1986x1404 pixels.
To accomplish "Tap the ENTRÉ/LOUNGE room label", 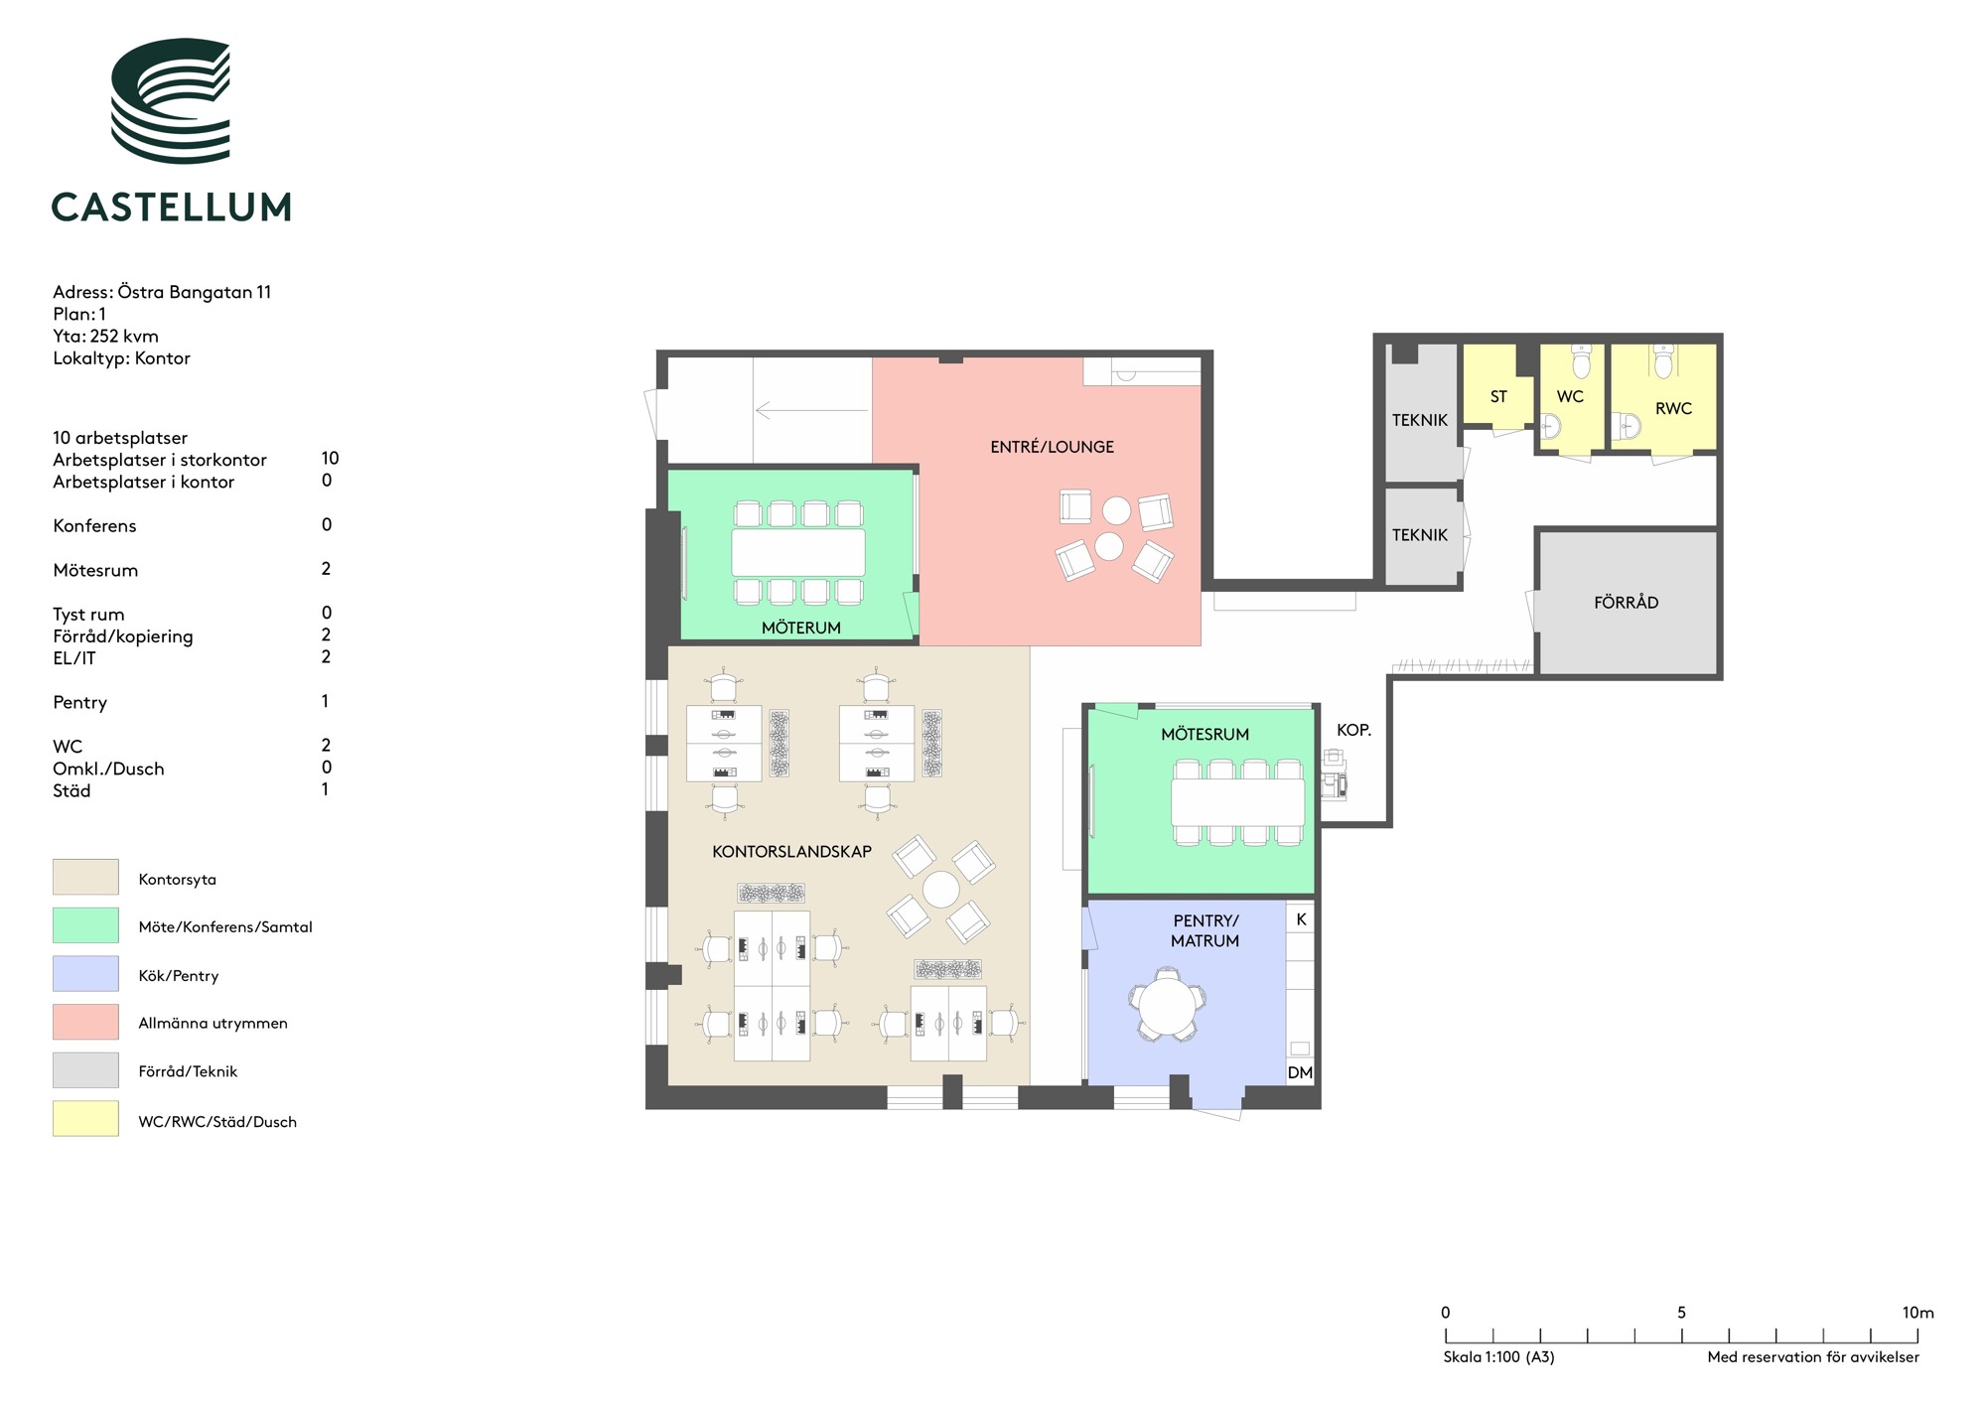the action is click(x=1052, y=447).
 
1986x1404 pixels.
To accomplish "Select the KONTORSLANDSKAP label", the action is click(x=791, y=852).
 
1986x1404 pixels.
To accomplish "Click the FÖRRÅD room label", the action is click(x=1626, y=602).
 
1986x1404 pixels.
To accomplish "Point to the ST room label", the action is click(x=1498, y=397).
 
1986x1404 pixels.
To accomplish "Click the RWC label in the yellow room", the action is click(x=1673, y=408).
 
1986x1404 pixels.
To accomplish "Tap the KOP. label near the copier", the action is click(x=1353, y=730).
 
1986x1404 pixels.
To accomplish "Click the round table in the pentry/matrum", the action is click(x=1168, y=1005).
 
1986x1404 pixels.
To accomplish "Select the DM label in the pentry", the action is click(x=1300, y=1072).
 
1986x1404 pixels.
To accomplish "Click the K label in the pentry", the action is click(x=1301, y=919).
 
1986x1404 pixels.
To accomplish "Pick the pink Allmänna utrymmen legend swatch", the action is click(x=85, y=1022).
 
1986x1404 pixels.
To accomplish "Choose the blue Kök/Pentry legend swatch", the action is click(x=85, y=973).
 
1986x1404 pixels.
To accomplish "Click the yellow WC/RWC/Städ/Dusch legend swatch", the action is click(x=85, y=1118).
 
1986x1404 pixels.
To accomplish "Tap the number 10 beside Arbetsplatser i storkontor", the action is click(x=330, y=458).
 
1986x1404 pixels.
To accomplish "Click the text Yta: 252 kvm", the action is click(x=105, y=336).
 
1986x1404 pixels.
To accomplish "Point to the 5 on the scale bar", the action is click(x=1681, y=1313).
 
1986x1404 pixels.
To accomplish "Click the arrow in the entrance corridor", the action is click(x=811, y=409).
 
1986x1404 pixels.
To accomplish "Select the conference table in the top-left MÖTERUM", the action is click(x=798, y=553).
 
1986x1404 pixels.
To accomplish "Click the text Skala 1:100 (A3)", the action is click(x=1498, y=1357).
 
